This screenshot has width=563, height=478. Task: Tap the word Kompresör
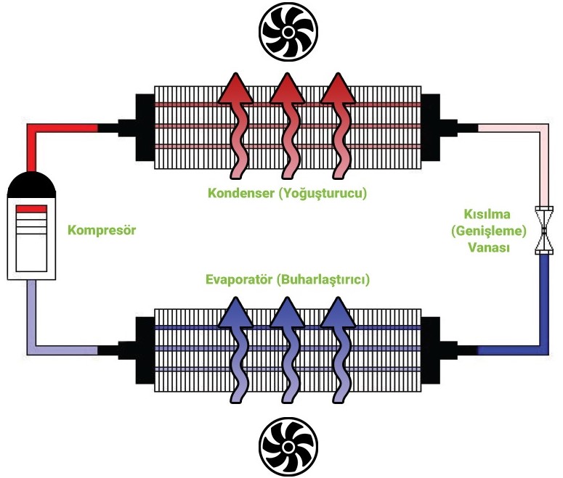[102, 231]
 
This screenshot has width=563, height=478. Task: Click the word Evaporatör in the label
[238, 280]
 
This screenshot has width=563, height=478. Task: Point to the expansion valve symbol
[543, 231]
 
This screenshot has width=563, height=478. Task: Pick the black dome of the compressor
[31, 186]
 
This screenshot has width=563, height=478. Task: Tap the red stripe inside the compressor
[31, 208]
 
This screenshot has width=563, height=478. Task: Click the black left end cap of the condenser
[143, 128]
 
